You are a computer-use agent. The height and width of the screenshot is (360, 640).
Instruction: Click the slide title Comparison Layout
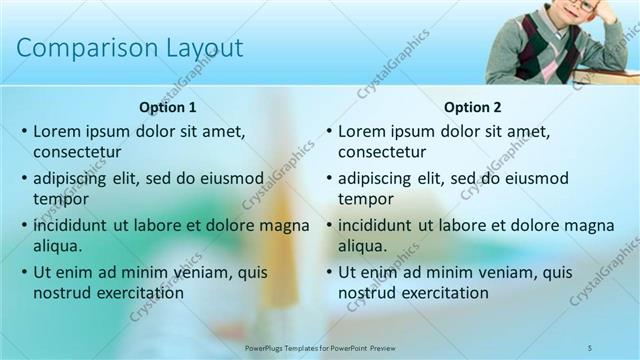click(x=130, y=48)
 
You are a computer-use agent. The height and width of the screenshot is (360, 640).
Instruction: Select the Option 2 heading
click(x=473, y=107)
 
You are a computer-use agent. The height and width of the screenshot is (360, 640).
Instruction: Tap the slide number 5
click(x=590, y=346)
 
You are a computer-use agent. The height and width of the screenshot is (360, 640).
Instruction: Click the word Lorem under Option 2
click(x=363, y=131)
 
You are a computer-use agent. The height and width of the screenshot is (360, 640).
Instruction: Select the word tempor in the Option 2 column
click(x=366, y=199)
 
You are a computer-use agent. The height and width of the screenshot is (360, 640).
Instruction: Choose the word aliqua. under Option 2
click(x=362, y=246)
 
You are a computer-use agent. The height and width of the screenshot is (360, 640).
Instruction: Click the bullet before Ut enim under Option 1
click(x=24, y=272)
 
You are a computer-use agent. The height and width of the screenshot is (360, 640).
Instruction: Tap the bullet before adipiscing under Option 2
click(x=328, y=179)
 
